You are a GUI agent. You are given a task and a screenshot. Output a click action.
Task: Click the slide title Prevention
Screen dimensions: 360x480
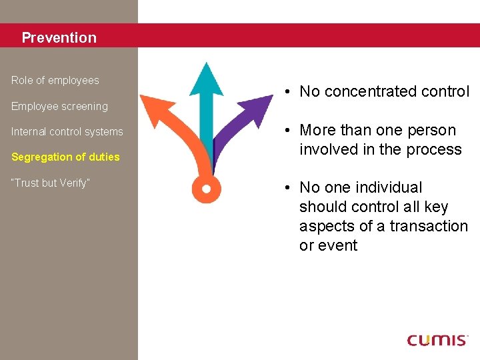coord(59,38)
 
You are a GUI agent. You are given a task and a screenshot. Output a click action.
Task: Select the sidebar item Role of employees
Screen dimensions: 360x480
coord(55,81)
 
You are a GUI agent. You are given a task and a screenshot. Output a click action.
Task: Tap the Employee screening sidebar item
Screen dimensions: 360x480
coord(59,107)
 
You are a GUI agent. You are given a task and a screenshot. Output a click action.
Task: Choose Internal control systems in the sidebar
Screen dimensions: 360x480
coord(67,132)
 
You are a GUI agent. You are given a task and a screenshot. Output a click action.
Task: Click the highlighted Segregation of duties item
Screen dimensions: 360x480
coord(65,157)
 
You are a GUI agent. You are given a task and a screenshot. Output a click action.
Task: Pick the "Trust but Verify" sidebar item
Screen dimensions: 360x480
coord(51,183)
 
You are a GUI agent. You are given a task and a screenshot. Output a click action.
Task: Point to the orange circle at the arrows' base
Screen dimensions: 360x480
coord(206,189)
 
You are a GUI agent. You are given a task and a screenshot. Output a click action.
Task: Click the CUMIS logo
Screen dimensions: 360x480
coord(437,340)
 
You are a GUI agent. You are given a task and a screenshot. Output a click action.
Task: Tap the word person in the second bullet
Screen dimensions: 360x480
coord(434,131)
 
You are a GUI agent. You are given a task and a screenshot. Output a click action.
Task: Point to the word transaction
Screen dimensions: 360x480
coord(429,227)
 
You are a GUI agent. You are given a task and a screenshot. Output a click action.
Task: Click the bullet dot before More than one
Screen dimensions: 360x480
coord(284,131)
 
